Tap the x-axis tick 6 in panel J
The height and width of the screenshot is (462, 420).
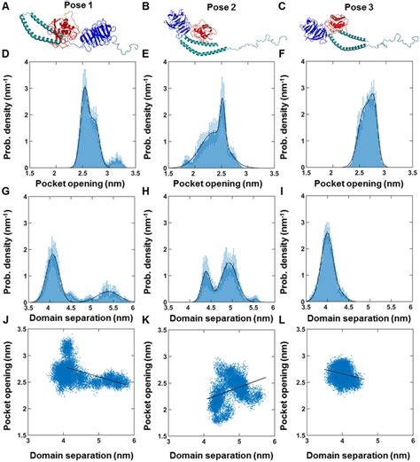point(134,441)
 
